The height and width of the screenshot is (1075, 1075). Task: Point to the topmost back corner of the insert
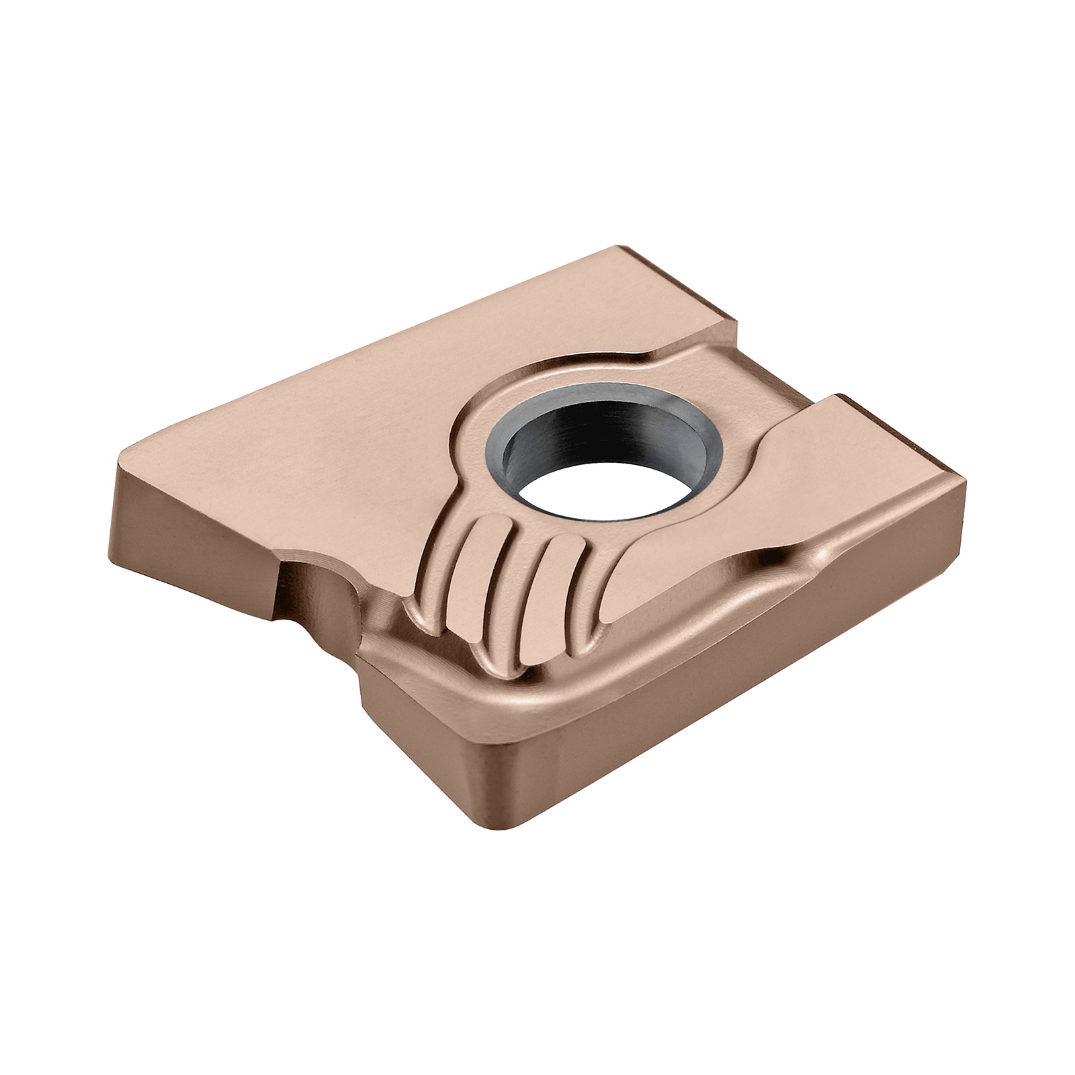pos(628,247)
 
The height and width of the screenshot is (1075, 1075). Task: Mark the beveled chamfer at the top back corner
pos(679,282)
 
